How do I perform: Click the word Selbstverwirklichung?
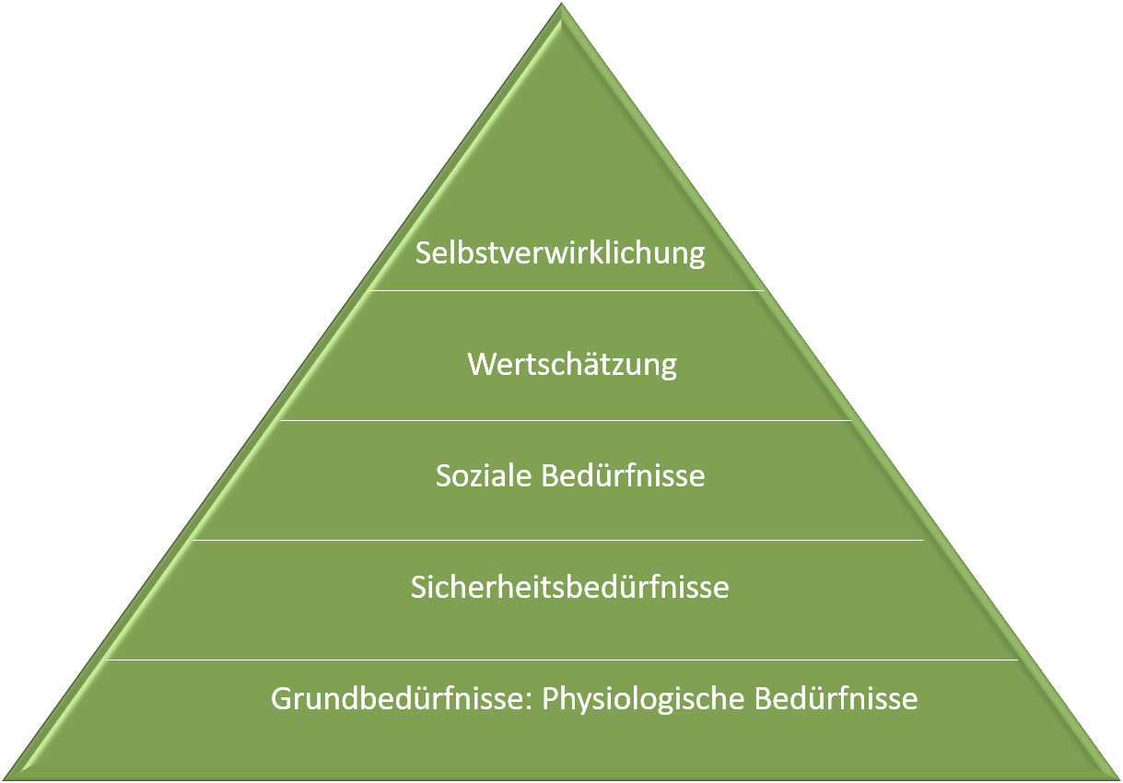(560, 252)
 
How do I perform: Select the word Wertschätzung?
(572, 364)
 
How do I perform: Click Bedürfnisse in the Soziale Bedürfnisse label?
(624, 475)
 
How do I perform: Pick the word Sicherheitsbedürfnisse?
(569, 587)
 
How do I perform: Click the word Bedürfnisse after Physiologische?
(836, 698)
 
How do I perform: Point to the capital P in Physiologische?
(549, 698)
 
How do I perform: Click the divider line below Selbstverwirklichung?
(566, 290)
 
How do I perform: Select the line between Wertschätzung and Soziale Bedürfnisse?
(566, 420)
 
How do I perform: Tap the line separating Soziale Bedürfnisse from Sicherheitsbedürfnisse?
(556, 540)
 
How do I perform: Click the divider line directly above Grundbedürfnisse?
(562, 660)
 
